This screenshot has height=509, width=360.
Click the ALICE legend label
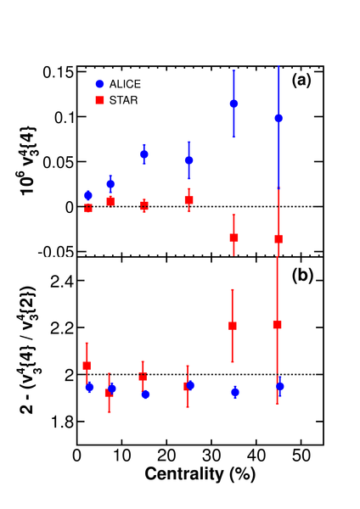point(125,84)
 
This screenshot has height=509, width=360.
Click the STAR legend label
point(123,100)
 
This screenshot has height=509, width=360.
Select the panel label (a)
point(302,81)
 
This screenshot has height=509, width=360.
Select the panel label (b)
point(302,276)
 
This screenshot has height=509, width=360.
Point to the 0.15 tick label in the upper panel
point(57,72)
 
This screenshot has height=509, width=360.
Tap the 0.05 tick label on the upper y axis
point(57,162)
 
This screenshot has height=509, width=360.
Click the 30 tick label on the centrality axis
point(211,456)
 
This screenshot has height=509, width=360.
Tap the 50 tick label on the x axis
point(301,456)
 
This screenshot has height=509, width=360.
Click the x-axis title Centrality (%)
point(200,474)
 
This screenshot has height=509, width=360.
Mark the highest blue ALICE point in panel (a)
point(233,103)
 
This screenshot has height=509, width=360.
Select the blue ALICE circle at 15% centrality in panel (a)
point(144,154)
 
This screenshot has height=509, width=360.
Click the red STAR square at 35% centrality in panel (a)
point(233,238)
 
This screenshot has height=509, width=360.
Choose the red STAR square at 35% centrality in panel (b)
point(233,326)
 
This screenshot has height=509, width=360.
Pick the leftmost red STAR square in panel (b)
point(87,366)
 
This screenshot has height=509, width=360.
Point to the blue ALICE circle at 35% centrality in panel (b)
point(235,393)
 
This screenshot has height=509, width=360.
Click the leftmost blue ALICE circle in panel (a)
point(88,195)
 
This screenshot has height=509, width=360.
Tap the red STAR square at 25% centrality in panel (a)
point(189,200)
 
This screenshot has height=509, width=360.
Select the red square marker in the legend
point(99,100)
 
